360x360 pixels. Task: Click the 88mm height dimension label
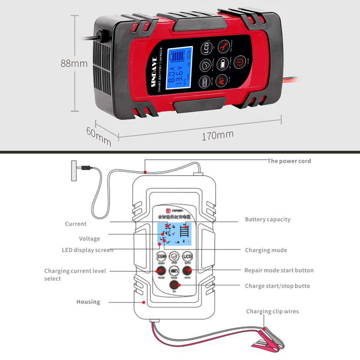(x=74, y=63)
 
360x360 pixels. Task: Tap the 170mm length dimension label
(x=217, y=135)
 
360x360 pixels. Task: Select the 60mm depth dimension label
(x=99, y=136)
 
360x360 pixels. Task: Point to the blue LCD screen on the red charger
(x=179, y=68)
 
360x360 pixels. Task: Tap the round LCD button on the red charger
(x=206, y=49)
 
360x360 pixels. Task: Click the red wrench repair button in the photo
(x=224, y=47)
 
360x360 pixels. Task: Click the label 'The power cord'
(x=289, y=161)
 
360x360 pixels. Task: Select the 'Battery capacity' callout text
(x=268, y=219)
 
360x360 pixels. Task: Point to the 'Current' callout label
(x=75, y=224)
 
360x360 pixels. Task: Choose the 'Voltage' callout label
(x=89, y=238)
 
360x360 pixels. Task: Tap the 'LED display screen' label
(x=87, y=250)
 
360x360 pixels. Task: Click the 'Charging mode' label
(x=266, y=250)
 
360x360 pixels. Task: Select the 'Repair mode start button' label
(x=279, y=270)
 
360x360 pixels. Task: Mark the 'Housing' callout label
(x=88, y=302)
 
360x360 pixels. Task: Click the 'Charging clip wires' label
(x=272, y=311)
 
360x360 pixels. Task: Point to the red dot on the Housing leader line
(x=144, y=302)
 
